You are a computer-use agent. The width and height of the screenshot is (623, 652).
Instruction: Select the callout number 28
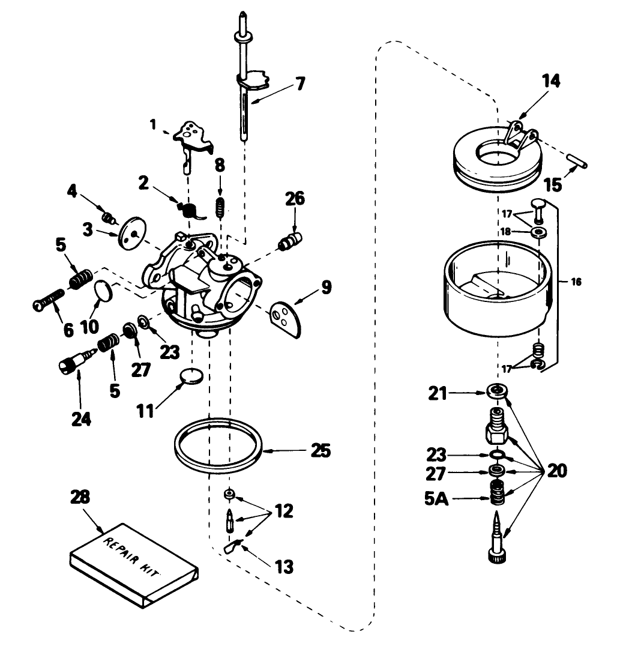80,497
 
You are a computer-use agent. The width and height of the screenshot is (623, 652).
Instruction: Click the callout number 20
556,471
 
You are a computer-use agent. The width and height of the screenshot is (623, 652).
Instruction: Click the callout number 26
295,199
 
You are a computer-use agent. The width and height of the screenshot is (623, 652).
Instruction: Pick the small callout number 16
576,282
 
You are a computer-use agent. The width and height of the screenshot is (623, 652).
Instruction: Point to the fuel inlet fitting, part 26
289,243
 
